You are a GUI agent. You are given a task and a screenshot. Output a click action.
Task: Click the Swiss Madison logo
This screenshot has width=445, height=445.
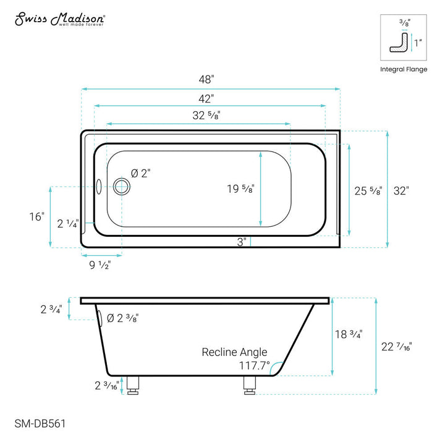pos(59,20)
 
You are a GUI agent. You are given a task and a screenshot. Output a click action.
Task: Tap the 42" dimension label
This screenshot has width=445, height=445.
pos(206,98)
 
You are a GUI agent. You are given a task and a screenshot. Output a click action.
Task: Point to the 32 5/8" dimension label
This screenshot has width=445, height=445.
pos(206,115)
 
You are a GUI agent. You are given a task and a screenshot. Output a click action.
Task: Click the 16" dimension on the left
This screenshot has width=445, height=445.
pos(36,217)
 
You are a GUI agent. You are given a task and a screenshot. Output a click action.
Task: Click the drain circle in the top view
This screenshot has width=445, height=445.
pos(122,185)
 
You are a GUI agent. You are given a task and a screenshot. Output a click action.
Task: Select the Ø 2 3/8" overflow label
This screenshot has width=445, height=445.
pos(122,318)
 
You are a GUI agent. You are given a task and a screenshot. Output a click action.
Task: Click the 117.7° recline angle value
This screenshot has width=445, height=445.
pos(254,366)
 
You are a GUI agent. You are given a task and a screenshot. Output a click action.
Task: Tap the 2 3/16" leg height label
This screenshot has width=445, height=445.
pos(107,386)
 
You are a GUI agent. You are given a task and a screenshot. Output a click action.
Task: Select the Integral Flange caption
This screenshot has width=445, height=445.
pos(403,69)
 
